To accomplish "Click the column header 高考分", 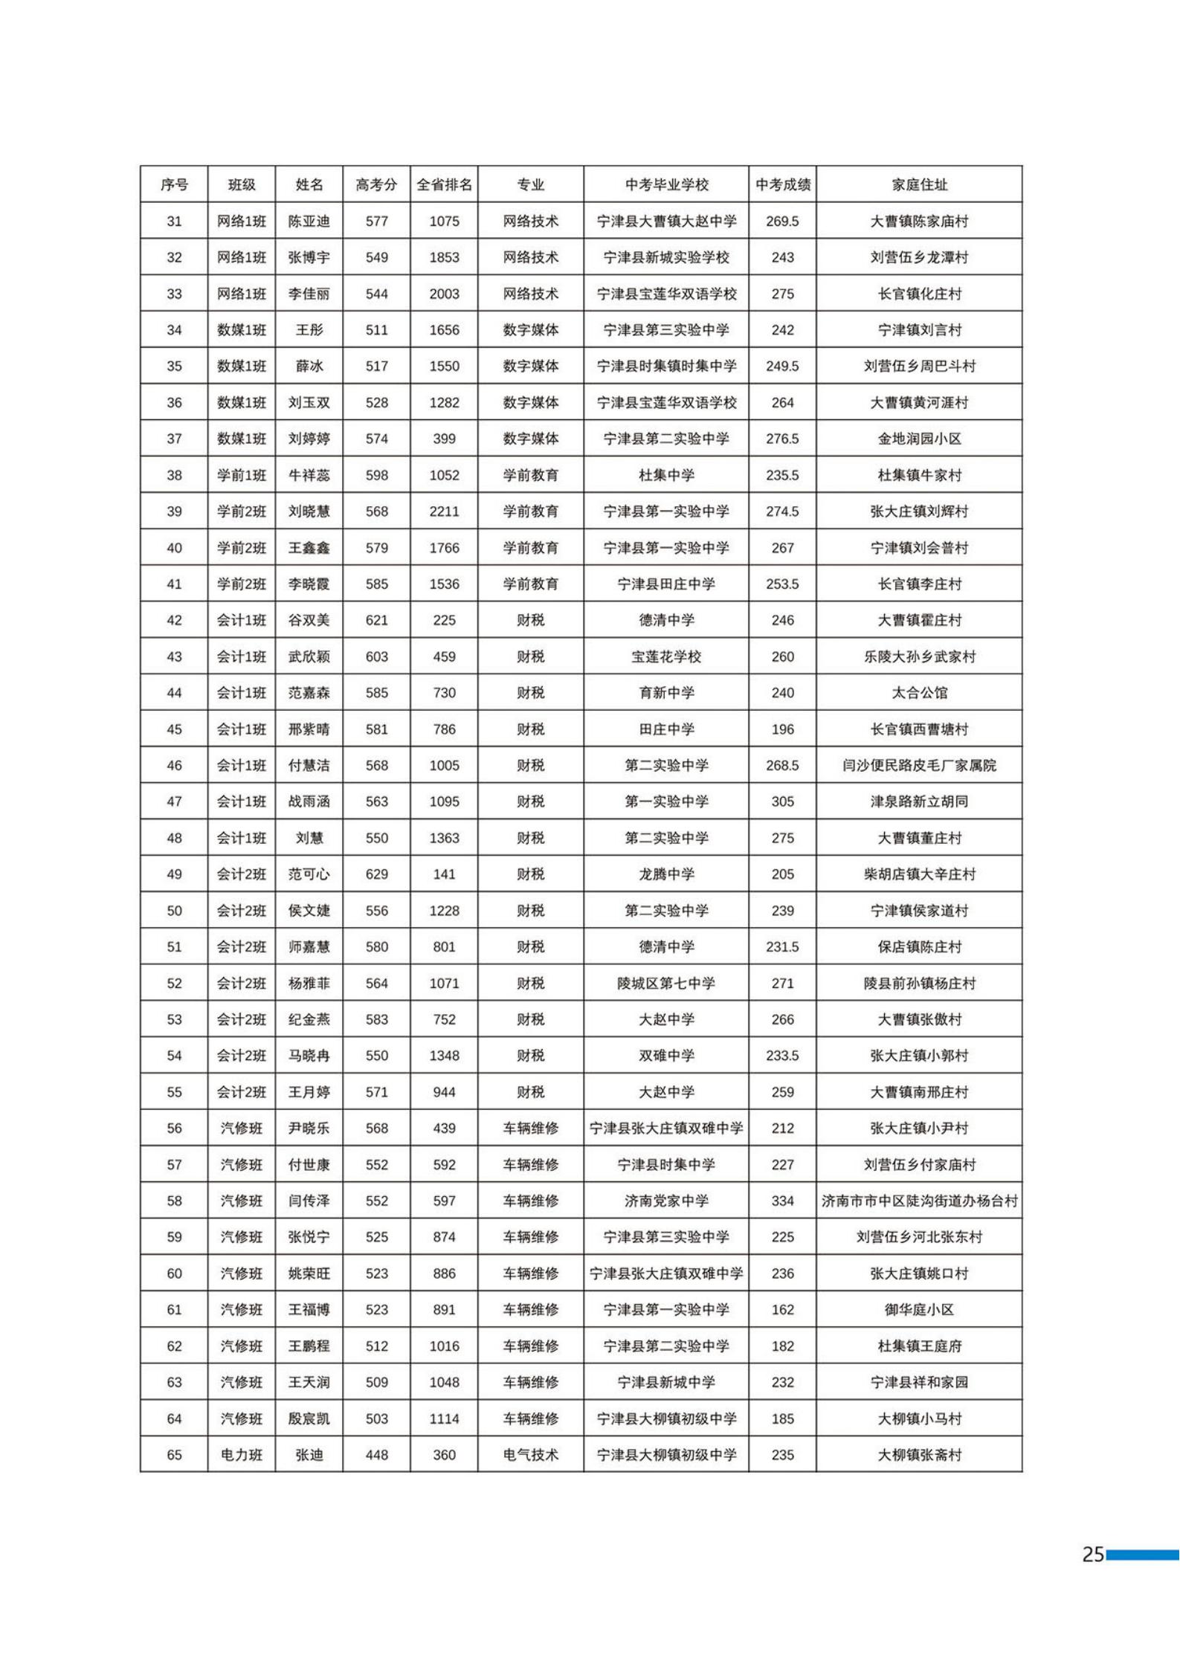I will point(376,184).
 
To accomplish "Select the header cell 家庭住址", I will point(919,184).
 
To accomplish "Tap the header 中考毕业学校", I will point(666,184).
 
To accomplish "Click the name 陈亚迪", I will point(309,221).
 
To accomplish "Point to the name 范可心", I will point(309,874).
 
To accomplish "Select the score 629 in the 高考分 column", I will point(376,874).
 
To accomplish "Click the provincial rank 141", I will point(444,874).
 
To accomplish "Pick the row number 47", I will point(174,801).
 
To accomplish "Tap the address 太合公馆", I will point(919,693).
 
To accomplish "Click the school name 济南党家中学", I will point(666,1201).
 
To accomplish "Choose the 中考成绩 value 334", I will point(782,1201).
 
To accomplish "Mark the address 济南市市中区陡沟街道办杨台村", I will point(919,1201).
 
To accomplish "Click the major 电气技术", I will point(530,1455).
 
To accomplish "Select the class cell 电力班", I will point(241,1455).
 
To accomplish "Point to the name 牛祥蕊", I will point(309,475).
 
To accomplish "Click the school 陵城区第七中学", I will point(666,984).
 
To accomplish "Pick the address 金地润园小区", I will point(919,439).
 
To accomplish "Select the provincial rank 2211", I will point(444,511).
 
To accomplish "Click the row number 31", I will point(174,221).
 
